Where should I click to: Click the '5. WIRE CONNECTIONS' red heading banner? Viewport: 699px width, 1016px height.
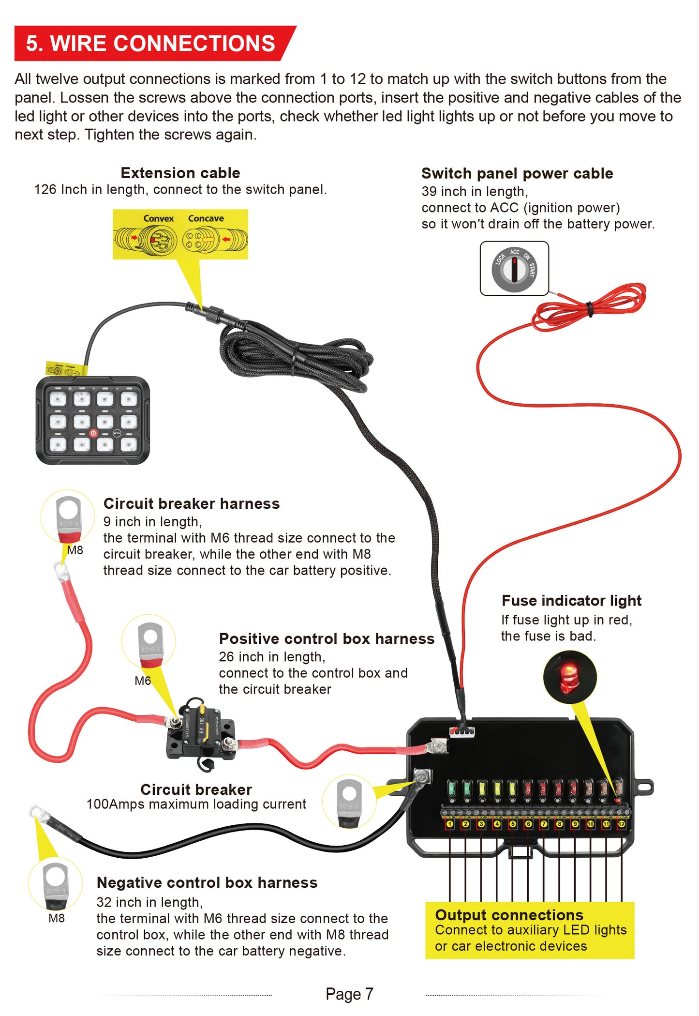coord(150,44)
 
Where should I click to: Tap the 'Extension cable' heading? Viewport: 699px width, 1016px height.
coord(180,173)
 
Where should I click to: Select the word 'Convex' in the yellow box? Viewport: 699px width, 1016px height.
coord(158,218)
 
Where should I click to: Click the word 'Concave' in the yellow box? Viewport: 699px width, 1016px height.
coord(206,218)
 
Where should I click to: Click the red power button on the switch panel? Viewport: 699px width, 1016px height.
coord(93,433)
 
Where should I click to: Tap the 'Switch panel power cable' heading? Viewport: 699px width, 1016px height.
coord(517,173)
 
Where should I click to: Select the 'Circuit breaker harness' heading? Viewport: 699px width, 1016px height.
coord(192,503)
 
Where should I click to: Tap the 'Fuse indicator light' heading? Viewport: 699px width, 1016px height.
coord(571,601)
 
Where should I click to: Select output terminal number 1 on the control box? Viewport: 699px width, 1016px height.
coord(450,824)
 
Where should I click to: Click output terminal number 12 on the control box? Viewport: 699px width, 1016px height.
coord(622,824)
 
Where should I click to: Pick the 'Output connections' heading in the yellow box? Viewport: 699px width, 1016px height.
coord(509,915)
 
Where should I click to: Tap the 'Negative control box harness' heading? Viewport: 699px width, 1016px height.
coord(207,882)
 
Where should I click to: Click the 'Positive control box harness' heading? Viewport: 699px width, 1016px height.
coord(327,638)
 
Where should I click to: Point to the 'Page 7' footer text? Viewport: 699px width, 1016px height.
coord(349,994)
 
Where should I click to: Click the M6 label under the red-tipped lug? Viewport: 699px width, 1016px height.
coord(143,681)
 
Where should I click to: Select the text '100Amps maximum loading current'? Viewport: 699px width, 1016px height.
coord(196,804)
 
